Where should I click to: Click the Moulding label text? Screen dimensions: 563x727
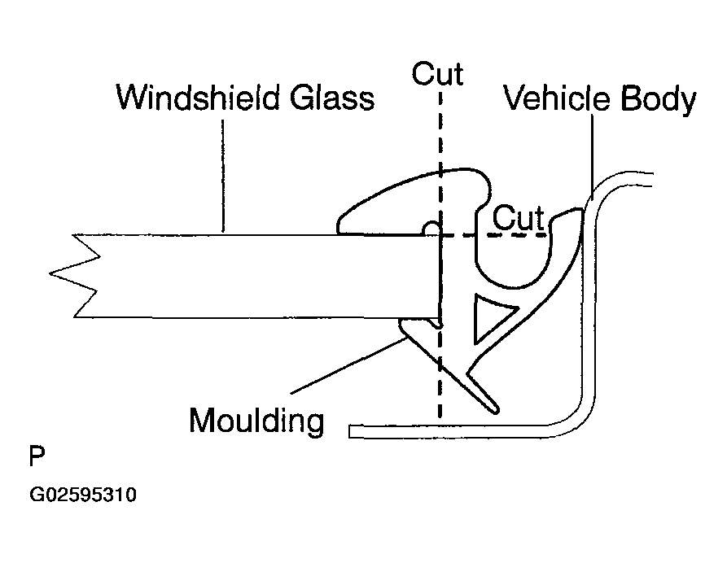[256, 421]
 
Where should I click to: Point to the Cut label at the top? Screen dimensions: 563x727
[437, 73]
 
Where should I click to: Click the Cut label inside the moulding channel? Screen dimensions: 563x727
[518, 218]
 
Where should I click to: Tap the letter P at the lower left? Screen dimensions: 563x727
[37, 456]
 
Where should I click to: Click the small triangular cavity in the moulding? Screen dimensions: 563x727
[488, 316]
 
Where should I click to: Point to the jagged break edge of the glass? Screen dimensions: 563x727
[77, 277]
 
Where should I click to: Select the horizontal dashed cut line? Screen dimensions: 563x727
[497, 236]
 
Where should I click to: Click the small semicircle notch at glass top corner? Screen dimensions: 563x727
[432, 229]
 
